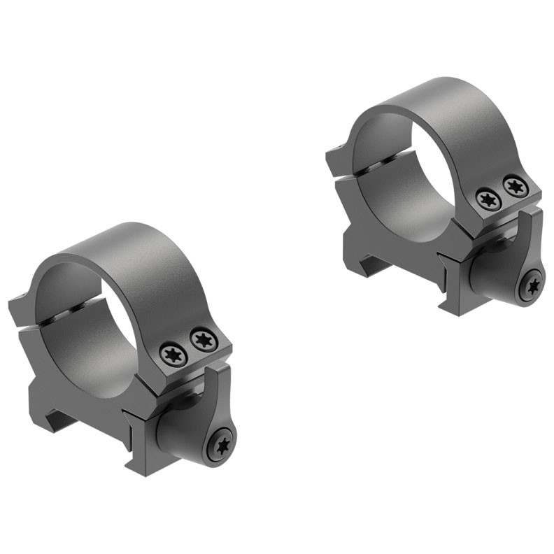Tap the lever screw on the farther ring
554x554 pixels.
click(534, 285)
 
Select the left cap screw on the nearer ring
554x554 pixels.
click(173, 354)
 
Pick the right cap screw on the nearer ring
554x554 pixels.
click(204, 341)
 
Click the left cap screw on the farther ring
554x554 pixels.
click(488, 199)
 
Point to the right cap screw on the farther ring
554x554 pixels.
click(515, 187)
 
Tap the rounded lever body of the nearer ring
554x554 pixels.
click(183, 434)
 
